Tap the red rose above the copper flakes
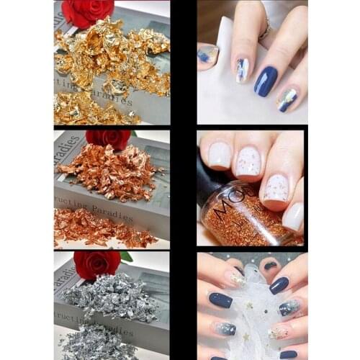coord(108,138)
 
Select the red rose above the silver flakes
coord(97,264)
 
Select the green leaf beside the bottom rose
coord(126,257)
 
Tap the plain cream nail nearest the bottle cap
coord(219,154)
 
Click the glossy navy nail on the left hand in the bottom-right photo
coord(220,300)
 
